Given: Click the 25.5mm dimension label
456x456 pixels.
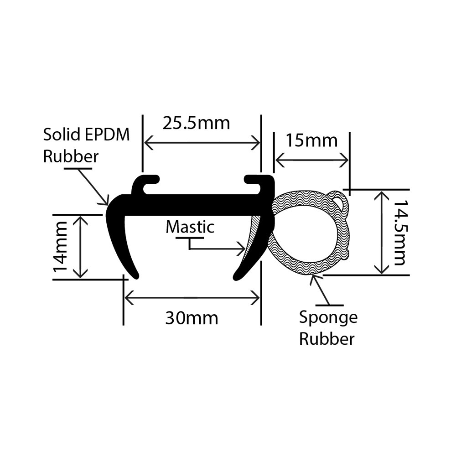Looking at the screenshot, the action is [196, 123].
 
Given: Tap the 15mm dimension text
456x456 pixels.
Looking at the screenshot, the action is [311, 140].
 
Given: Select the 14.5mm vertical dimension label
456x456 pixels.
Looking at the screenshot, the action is [399, 233].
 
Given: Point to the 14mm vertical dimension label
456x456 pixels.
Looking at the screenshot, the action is [61, 247].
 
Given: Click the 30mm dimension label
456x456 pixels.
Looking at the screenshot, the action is [192, 318].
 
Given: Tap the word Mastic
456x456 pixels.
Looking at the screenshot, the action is [190, 227].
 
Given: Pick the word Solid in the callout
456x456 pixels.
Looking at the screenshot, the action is [62, 135].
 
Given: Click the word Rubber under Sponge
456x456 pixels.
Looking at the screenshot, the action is [327, 339].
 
